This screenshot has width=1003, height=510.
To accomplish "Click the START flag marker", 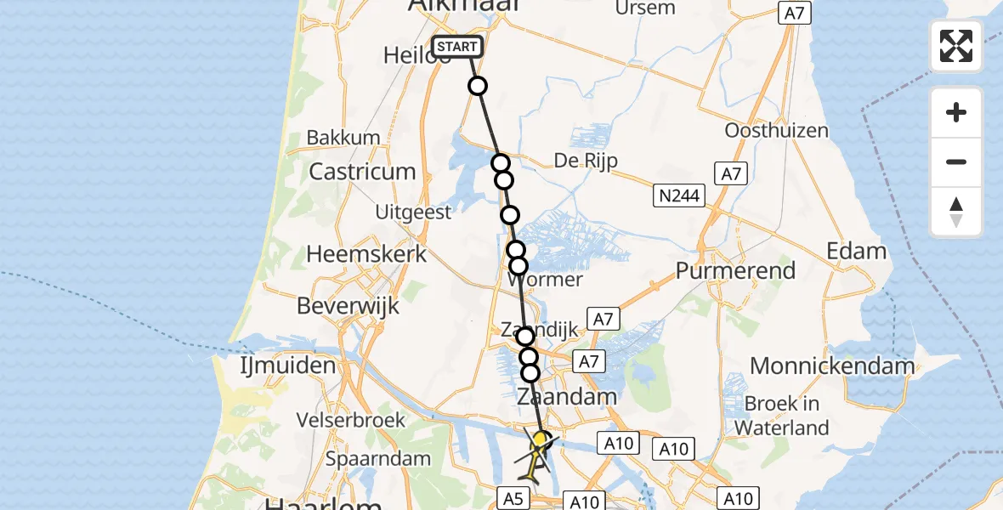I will pyautogui.click(x=457, y=47).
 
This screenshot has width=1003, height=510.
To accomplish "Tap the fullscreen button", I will pyautogui.click(x=956, y=46).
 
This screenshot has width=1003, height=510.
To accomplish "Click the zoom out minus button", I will pyautogui.click(x=956, y=161).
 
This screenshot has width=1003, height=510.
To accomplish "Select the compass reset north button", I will pyautogui.click(x=956, y=212).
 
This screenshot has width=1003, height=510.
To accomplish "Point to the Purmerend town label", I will pyautogui.click(x=735, y=271).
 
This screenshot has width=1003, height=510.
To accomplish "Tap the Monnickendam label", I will pyautogui.click(x=832, y=366).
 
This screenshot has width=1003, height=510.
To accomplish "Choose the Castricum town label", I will pyautogui.click(x=362, y=172).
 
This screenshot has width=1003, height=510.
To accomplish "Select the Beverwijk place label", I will pyautogui.click(x=348, y=306).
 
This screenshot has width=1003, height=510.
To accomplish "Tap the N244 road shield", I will pyautogui.click(x=679, y=197).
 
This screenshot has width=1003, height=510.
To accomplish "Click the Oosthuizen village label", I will pyautogui.click(x=776, y=131).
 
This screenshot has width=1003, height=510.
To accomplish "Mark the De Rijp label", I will pyautogui.click(x=586, y=160).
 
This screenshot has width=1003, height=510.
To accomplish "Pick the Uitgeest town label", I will pyautogui.click(x=413, y=212).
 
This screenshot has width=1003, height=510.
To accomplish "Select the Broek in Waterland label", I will pyautogui.click(x=781, y=415).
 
